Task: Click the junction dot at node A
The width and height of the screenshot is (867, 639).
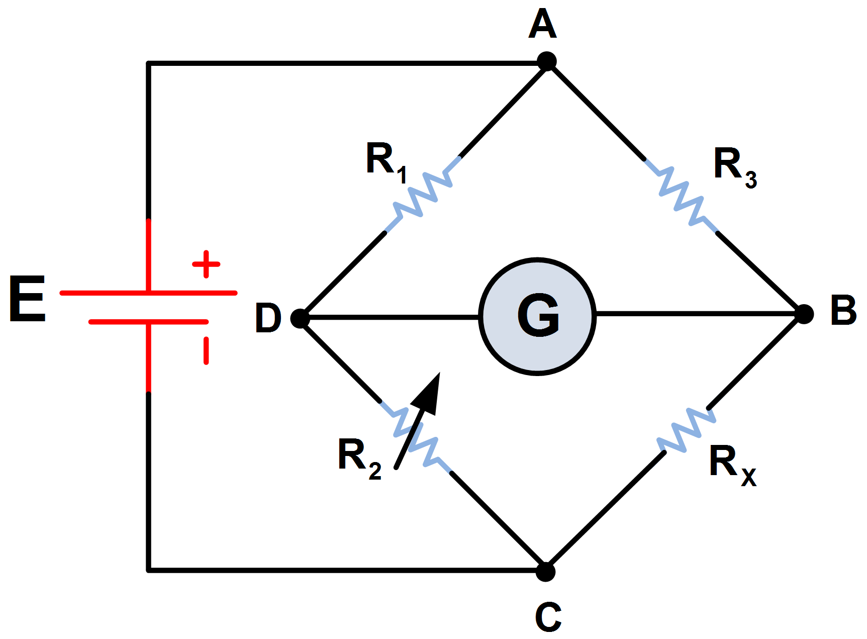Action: [x=546, y=61]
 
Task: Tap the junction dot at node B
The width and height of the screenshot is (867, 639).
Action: [x=804, y=314]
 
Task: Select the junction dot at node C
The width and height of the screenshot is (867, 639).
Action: [x=545, y=572]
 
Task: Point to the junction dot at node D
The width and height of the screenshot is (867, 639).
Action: [x=300, y=318]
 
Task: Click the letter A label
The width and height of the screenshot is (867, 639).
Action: [x=543, y=25]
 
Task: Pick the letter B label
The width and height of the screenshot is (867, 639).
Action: [x=843, y=310]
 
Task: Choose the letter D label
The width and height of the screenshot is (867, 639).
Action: [x=268, y=318]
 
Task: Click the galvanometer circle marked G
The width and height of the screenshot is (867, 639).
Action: [x=537, y=316]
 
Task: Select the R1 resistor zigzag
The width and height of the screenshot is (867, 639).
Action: [x=423, y=194]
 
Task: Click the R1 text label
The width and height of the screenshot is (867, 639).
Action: [x=386, y=162]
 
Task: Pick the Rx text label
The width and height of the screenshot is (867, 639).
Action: [x=732, y=465]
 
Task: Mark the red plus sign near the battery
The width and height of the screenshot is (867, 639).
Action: [x=206, y=264]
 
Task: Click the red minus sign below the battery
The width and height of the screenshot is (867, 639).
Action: [x=206, y=350]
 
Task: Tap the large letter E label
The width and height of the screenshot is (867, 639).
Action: [x=28, y=299]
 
